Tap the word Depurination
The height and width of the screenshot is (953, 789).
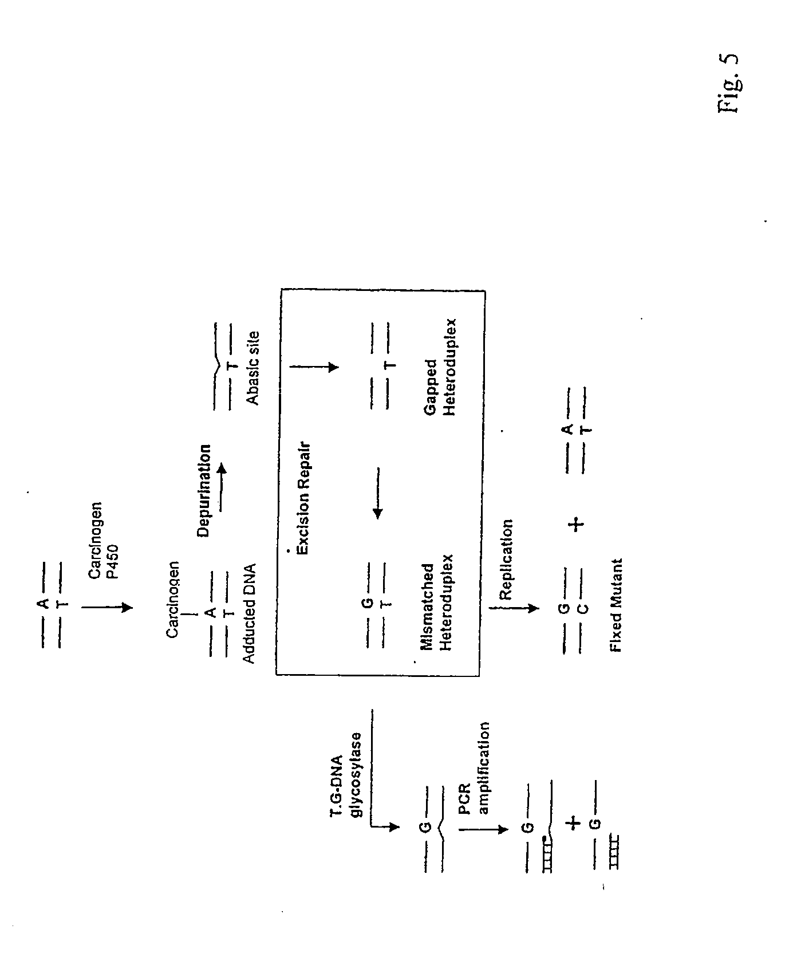204,491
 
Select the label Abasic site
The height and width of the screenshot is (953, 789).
253,368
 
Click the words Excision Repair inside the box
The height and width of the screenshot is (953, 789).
302,498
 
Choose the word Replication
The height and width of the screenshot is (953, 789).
507,560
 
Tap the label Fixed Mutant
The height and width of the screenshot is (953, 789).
616,605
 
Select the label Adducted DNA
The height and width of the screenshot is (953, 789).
248,613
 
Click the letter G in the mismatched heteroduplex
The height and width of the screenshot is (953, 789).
368,603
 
